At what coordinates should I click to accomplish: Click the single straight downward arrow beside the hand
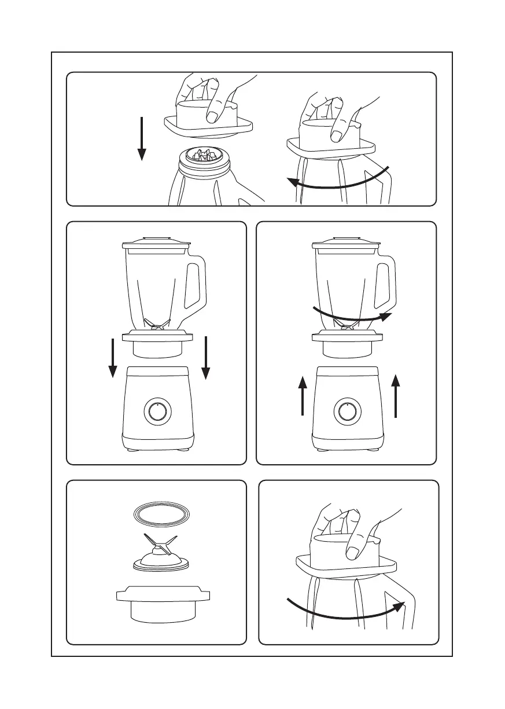pyautogui.click(x=141, y=139)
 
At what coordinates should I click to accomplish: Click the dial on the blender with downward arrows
pyautogui.click(x=157, y=412)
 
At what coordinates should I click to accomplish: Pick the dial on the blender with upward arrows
pyautogui.click(x=347, y=412)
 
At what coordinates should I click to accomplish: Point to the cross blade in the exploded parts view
pyautogui.click(x=158, y=546)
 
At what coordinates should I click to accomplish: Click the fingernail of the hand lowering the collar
pyautogui.click(x=213, y=117)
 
